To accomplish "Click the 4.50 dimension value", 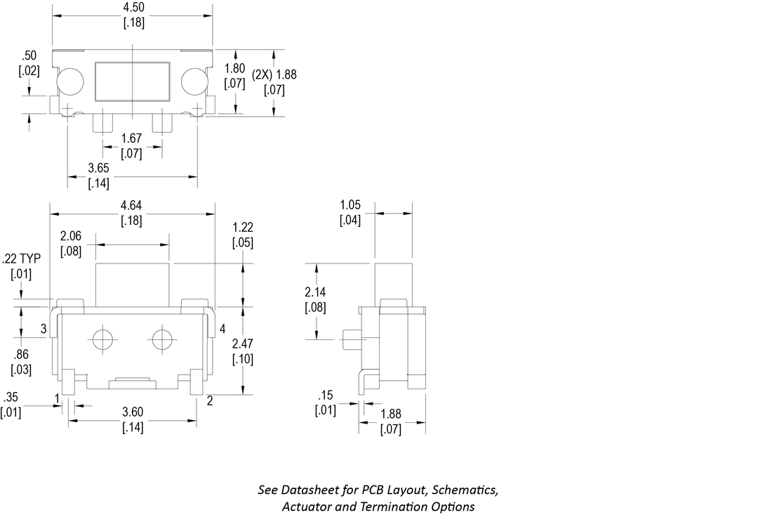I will click(132, 8).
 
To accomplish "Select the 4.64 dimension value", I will click(132, 206).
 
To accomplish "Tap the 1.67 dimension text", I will click(132, 139).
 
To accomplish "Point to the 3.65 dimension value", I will click(98, 169).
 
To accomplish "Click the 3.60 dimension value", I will click(133, 412).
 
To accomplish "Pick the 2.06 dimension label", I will click(72, 235).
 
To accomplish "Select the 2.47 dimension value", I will click(243, 344).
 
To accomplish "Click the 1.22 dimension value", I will click(243, 228).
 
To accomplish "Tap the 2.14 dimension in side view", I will click(315, 292).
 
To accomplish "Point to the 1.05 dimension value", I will click(350, 205).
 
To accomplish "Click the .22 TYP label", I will click(22, 259).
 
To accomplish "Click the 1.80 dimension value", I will click(234, 69).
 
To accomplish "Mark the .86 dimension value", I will click(21, 354).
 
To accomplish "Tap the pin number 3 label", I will click(44, 329).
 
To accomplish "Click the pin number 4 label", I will click(222, 329).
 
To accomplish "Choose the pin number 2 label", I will click(209, 400).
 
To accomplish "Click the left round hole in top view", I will click(70, 82).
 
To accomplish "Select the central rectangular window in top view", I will click(133, 79).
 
